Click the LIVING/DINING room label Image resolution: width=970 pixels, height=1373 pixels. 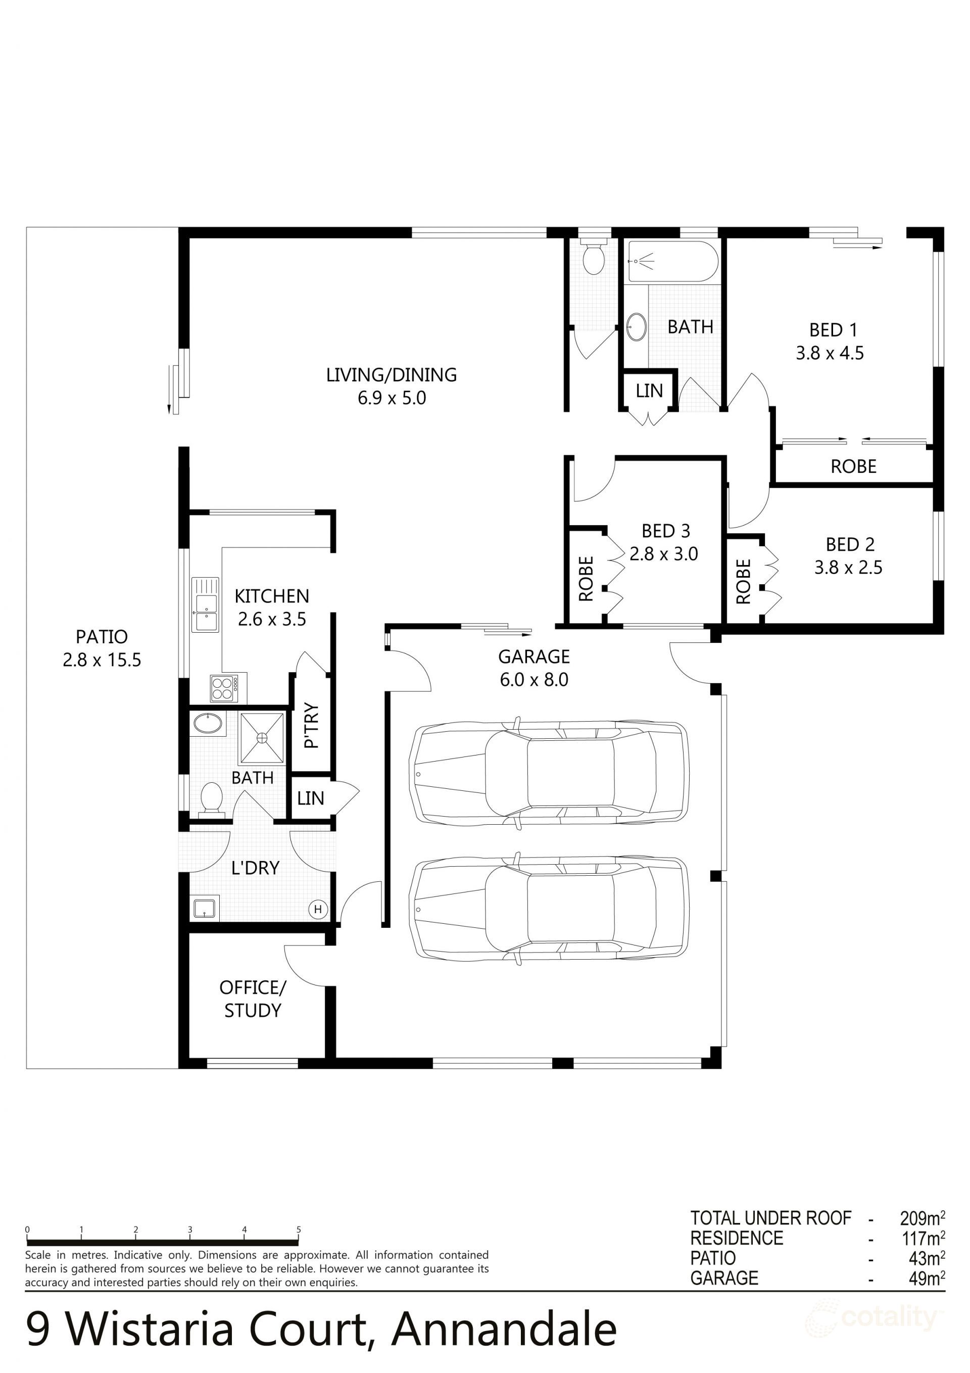[x=391, y=375]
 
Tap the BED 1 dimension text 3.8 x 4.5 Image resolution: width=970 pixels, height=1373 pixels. [x=830, y=353]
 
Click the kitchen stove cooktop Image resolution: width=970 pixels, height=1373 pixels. [x=228, y=688]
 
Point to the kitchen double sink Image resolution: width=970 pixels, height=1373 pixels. [x=205, y=604]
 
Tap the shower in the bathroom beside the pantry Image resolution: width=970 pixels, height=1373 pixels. [x=262, y=738]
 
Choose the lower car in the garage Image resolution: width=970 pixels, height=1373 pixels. [x=548, y=910]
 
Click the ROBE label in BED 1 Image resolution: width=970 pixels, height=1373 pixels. [x=853, y=466]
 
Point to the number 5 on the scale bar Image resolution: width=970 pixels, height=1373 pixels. [x=299, y=1230]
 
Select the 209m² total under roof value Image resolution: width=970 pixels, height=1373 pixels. [x=922, y=1218]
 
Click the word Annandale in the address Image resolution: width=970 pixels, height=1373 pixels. [x=504, y=1331]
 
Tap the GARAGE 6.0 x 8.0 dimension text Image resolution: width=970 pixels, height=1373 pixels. [x=534, y=680]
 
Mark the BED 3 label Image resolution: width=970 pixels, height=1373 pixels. [x=665, y=531]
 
